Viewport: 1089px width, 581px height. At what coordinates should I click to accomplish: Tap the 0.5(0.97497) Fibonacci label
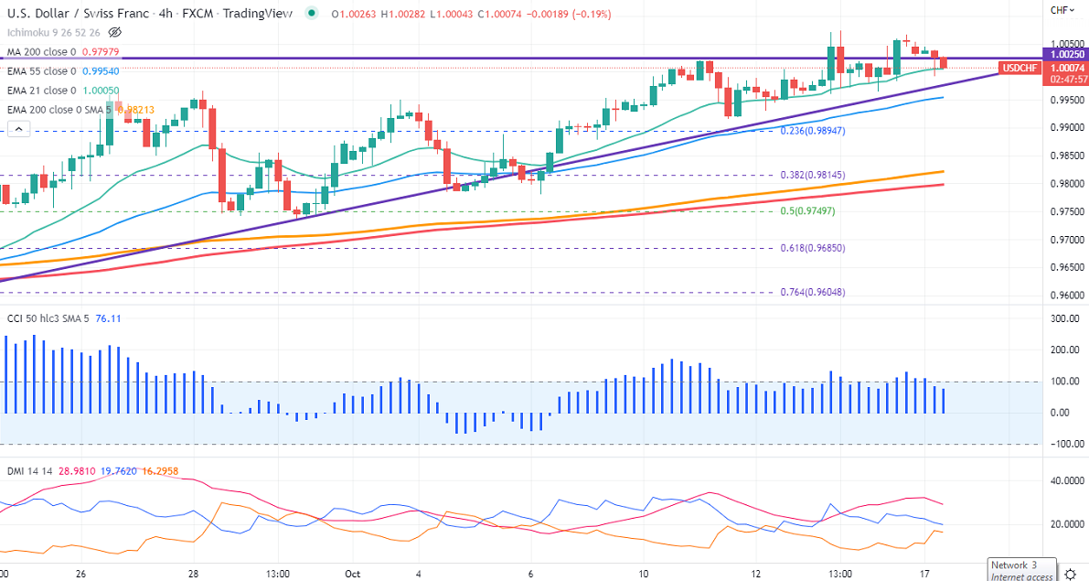[807, 211]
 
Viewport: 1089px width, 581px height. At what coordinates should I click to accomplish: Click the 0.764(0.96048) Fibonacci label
[812, 293]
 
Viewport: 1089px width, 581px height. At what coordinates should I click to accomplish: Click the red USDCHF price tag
[1019, 68]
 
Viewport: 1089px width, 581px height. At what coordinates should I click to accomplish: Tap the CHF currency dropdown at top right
[1061, 10]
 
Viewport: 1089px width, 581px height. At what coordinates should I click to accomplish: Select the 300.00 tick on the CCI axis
[1066, 319]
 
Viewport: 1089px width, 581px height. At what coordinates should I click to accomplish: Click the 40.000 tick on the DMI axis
[1066, 480]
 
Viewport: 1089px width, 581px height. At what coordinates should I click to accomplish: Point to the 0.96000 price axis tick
[1066, 296]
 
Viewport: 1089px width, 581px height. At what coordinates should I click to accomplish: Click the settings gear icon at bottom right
[1070, 574]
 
